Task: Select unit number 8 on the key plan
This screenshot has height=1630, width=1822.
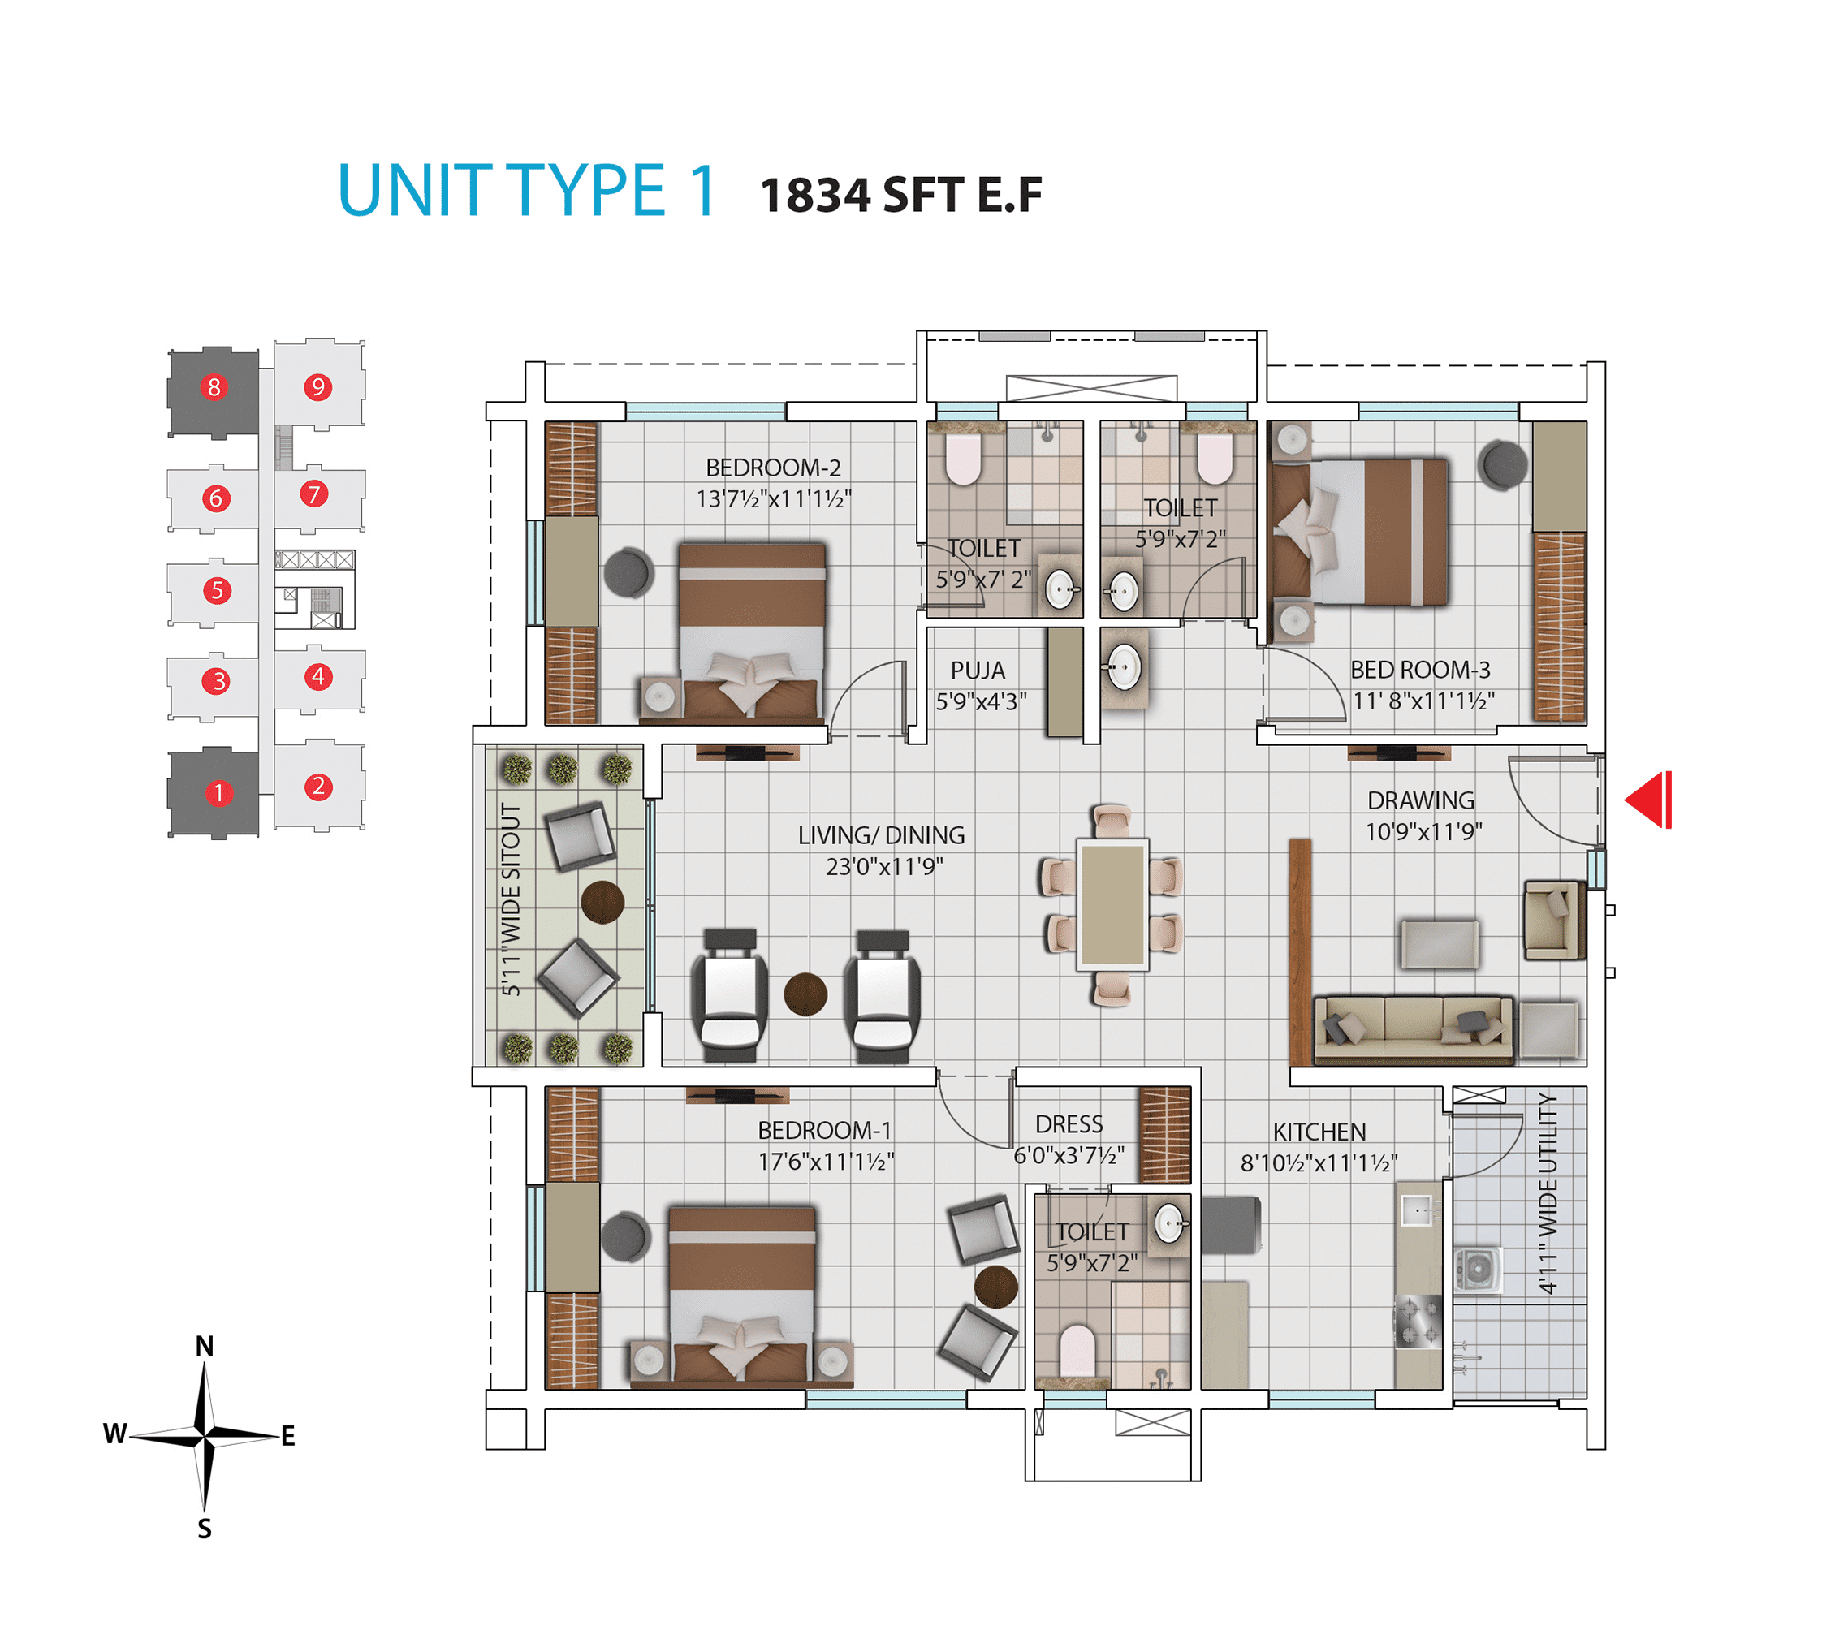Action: (x=214, y=387)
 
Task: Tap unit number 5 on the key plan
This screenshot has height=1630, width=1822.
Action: (x=216, y=590)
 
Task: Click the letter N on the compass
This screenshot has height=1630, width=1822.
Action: (x=205, y=1346)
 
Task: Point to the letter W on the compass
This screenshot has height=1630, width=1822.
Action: (x=114, y=1434)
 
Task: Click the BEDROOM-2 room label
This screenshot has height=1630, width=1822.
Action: (x=773, y=468)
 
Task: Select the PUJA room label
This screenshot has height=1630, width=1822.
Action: (x=978, y=670)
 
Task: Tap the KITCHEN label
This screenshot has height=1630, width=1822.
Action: (x=1319, y=1132)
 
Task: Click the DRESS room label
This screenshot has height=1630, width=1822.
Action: (x=1069, y=1124)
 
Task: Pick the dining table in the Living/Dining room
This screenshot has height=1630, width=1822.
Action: (x=1112, y=904)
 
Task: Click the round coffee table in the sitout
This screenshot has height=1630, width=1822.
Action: (x=602, y=902)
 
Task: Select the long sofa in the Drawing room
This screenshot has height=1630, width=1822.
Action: (x=1413, y=1030)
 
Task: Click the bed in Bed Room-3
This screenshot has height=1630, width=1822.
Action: (x=1358, y=532)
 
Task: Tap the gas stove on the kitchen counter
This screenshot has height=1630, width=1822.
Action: (x=1418, y=1322)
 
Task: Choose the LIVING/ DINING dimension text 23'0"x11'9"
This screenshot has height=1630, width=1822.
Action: (x=883, y=866)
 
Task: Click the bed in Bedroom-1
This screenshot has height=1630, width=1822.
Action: (x=741, y=1294)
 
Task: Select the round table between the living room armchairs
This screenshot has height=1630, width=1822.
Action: (x=805, y=994)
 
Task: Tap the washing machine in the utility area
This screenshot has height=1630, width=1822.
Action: (x=1477, y=1269)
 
